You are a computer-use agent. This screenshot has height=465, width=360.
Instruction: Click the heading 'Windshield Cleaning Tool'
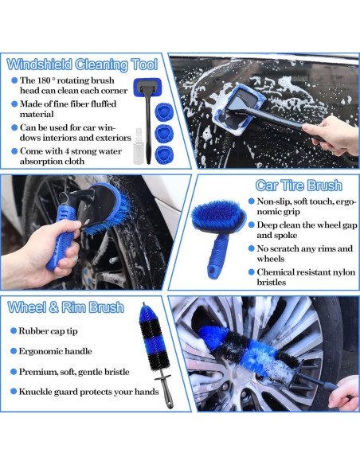coord(82,64)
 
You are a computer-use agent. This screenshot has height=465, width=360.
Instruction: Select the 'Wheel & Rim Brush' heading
coord(65,307)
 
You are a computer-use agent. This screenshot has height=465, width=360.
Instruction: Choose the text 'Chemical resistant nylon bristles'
coord(299,276)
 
